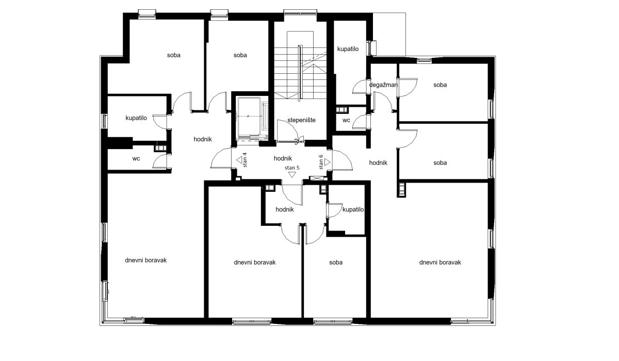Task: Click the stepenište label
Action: tap(301, 120)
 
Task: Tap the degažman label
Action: tap(383, 85)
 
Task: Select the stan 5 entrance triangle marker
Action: tap(292, 174)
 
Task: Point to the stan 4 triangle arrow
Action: tap(239, 160)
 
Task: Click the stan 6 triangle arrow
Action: tap(327, 162)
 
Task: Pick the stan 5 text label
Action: tap(292, 168)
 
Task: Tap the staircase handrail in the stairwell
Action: tap(299, 73)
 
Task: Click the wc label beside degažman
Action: tap(346, 120)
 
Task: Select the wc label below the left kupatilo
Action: tap(136, 158)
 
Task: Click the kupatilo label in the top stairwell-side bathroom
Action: tap(348, 49)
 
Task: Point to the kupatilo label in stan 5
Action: tap(353, 210)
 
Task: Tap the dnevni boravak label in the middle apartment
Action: tap(254, 262)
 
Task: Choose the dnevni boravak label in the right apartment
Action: tap(440, 262)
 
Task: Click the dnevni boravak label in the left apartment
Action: tap(145, 260)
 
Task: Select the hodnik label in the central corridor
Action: tap(283, 158)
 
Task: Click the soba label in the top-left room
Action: tap(173, 55)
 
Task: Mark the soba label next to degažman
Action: tap(440, 85)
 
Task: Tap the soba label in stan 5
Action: tap(336, 262)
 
